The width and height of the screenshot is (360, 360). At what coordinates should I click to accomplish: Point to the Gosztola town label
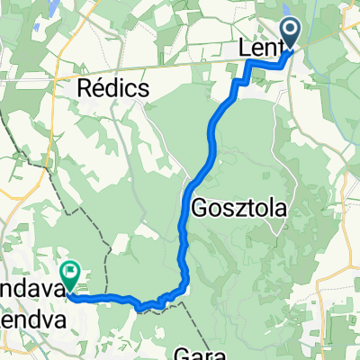pyautogui.click(x=238, y=208)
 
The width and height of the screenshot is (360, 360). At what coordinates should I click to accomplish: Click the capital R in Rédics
pyautogui.click(x=86, y=89)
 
